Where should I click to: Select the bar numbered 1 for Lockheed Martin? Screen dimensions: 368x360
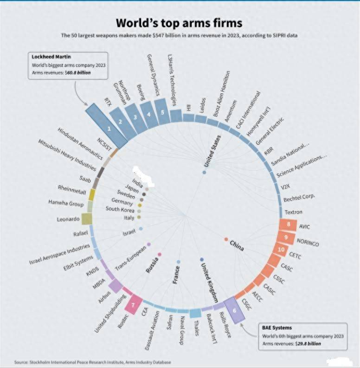[108, 125]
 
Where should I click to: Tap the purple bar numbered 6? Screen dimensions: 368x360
[234, 309]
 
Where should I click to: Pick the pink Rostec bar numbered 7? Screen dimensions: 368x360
[134, 304]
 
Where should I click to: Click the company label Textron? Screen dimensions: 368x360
[293, 212]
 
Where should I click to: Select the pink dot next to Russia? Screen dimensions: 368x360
[160, 254]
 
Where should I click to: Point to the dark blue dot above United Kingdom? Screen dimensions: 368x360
[201, 259]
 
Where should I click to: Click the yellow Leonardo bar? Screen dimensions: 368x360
[85, 218]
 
